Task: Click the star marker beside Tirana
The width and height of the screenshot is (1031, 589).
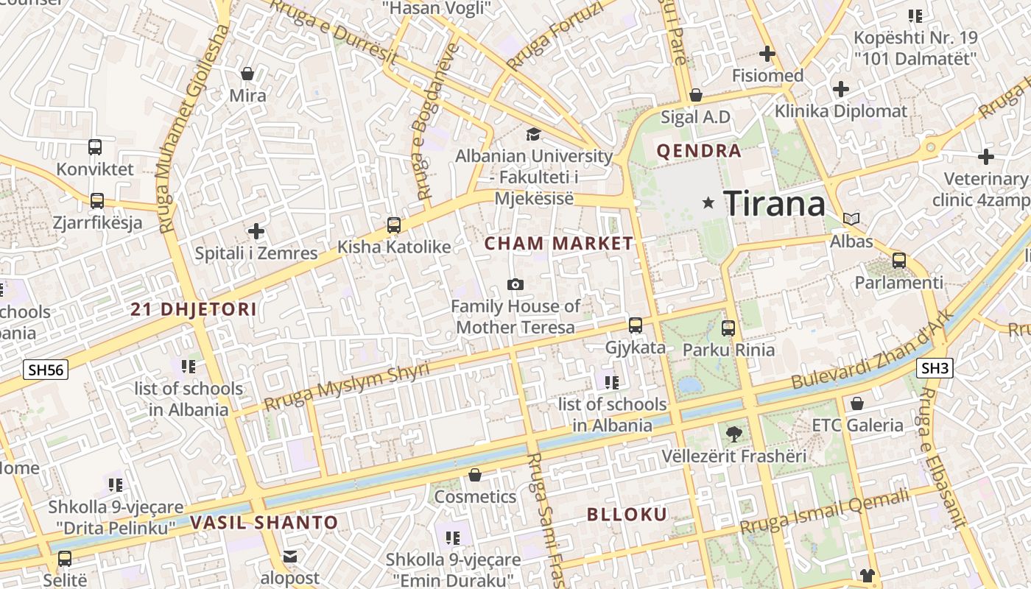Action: tap(708, 202)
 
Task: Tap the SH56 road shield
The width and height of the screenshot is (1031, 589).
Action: tap(46, 369)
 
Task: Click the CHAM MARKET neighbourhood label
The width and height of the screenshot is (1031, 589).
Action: tap(559, 243)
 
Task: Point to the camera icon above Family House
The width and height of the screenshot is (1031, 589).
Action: tap(515, 284)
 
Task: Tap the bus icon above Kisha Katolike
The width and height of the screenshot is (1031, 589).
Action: tap(394, 225)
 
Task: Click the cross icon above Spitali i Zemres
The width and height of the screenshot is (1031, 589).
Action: tap(256, 231)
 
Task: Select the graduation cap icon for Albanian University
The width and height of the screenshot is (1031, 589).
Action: tap(533, 134)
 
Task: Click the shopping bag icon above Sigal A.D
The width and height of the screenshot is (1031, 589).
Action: tap(696, 95)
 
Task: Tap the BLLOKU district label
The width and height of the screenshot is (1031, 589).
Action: tap(627, 514)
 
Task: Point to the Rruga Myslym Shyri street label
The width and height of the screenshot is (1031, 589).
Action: tap(346, 386)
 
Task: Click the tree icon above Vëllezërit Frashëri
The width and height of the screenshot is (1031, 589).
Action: tap(733, 434)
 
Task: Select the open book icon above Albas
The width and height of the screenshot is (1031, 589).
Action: tap(851, 219)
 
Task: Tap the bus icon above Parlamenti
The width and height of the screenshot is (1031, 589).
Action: tap(898, 260)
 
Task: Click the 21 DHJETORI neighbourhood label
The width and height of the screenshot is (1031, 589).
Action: tap(194, 309)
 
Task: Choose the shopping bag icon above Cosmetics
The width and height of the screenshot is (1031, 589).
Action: tap(475, 475)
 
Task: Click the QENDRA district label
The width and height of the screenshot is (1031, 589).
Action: tap(698, 152)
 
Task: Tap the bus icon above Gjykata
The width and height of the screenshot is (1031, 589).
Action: tap(635, 325)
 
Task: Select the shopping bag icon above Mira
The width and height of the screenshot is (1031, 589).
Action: tap(247, 74)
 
